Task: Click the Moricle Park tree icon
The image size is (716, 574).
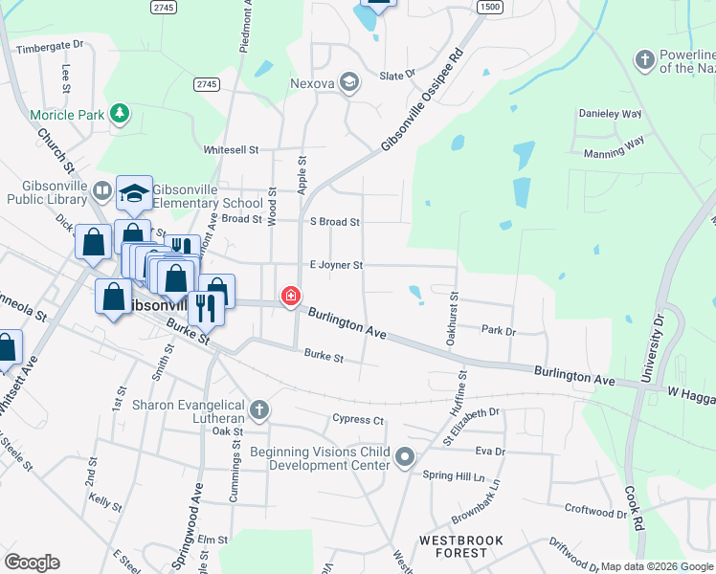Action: pyautogui.click(x=119, y=115)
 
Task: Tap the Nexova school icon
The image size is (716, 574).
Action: pyautogui.click(x=348, y=83)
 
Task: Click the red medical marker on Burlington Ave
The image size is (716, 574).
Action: pyautogui.click(x=289, y=298)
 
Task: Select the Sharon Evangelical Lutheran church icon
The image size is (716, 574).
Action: pyautogui.click(x=257, y=411)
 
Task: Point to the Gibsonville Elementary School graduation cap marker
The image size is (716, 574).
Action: pyautogui.click(x=135, y=193)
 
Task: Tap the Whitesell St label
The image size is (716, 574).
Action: pyautogui.click(x=231, y=150)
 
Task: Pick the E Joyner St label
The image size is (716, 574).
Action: pyautogui.click(x=335, y=265)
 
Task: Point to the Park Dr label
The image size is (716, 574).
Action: pyautogui.click(x=499, y=330)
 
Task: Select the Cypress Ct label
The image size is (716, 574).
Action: pyautogui.click(x=357, y=419)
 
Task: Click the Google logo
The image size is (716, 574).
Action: pyautogui.click(x=32, y=563)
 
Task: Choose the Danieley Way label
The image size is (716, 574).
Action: pyautogui.click(x=610, y=113)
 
